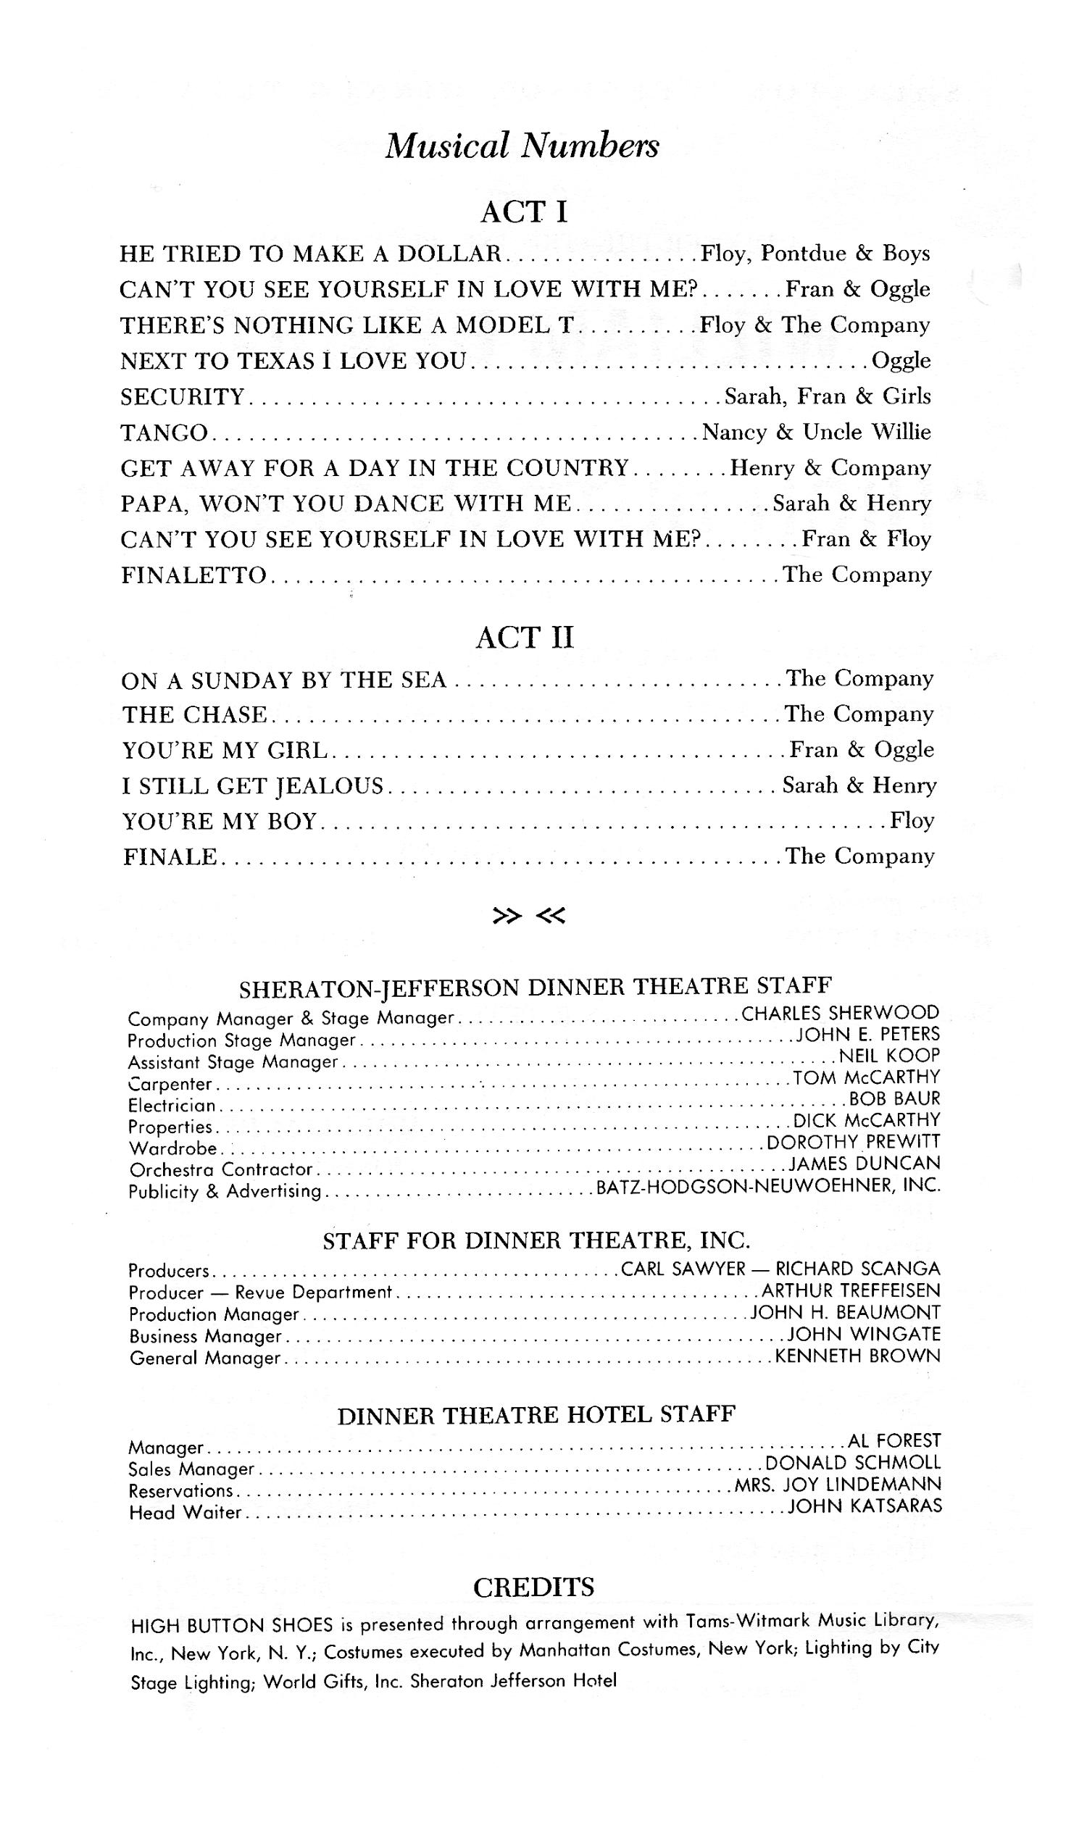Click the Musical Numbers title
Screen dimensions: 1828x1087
522,146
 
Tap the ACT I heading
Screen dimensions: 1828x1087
524,212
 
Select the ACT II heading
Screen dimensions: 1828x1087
525,637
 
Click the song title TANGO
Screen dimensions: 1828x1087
164,433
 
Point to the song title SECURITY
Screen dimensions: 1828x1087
183,397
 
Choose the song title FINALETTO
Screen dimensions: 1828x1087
194,576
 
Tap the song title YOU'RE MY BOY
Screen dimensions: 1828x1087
220,821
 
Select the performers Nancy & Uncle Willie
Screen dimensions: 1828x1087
816,432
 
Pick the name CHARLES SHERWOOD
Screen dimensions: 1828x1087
840,1013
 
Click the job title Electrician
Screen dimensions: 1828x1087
172,1106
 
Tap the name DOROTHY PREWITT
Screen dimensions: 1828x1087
854,1142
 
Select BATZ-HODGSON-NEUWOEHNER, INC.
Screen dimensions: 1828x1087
768,1186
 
